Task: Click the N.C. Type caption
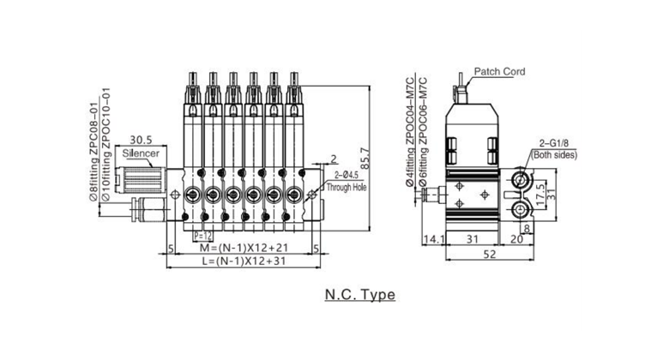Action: point(359,296)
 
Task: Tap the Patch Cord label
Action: point(500,72)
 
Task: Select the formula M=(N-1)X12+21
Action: point(240,248)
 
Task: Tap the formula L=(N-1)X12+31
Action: point(240,261)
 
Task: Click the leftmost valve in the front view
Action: point(190,154)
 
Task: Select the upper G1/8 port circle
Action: point(519,179)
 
